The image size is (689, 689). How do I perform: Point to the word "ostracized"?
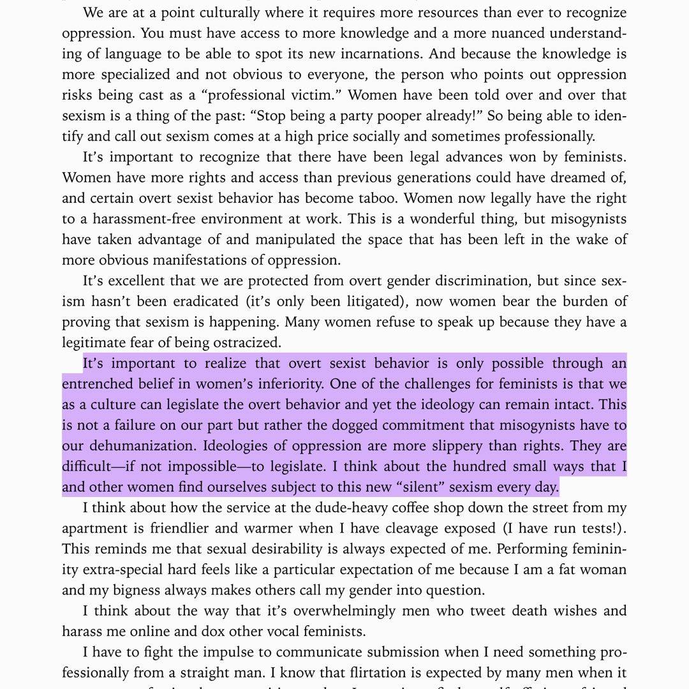pyautogui.click(x=246, y=343)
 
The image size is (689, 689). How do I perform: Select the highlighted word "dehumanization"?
pyautogui.click(x=164, y=446)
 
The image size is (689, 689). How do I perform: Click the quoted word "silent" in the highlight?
pyautogui.click(x=421, y=487)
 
